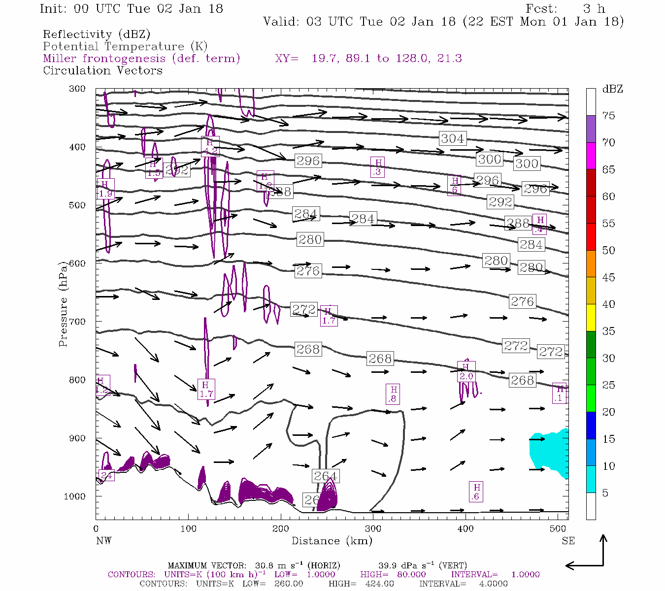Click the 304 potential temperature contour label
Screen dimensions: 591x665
point(452,138)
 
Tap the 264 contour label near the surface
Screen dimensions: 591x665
point(325,476)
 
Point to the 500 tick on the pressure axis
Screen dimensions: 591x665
point(76,205)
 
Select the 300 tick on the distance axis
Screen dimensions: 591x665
point(373,529)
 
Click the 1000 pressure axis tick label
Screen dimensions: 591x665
point(74,496)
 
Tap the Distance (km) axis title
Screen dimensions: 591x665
point(332,541)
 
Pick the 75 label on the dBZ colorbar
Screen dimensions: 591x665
point(608,116)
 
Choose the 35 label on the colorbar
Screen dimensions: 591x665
point(608,331)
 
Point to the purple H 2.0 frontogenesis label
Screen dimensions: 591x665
point(465,371)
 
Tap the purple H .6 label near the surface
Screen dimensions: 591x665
point(475,492)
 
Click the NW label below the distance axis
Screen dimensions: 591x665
point(103,541)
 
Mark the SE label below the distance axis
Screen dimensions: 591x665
point(568,541)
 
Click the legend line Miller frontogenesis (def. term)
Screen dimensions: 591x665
point(141,59)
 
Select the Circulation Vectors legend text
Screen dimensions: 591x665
point(102,70)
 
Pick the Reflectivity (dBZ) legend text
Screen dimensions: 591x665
point(97,34)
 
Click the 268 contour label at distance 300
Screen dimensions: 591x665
point(380,359)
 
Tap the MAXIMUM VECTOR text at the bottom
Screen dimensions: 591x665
point(207,565)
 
